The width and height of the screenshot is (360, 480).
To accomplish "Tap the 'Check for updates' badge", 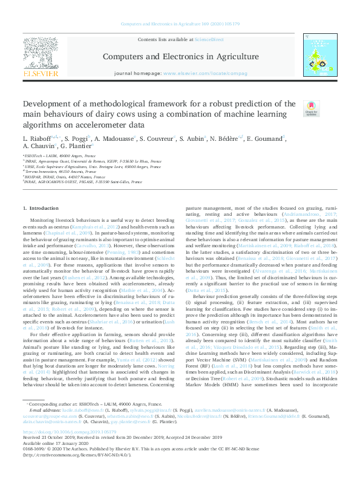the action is (x=310, y=108).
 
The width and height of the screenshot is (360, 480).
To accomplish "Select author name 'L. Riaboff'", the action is (x=38, y=138).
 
